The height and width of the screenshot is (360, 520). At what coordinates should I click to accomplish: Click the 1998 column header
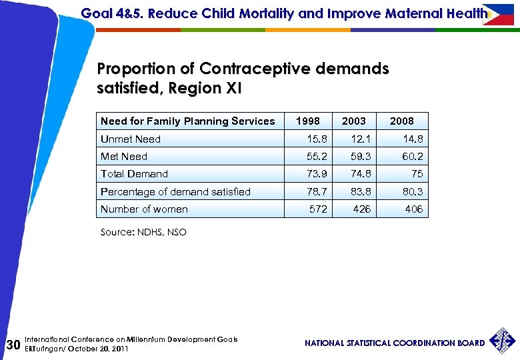tap(307, 121)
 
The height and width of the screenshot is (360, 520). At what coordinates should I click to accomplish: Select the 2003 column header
tap(353, 121)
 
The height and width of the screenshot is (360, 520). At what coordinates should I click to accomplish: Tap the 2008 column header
tap(401, 121)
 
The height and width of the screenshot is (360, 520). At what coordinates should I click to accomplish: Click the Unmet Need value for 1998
tap(317, 139)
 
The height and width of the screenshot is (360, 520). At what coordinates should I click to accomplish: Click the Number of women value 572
tap(319, 209)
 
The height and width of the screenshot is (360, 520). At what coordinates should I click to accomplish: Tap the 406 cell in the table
tap(413, 209)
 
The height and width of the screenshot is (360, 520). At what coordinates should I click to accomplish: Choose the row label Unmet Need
tap(131, 139)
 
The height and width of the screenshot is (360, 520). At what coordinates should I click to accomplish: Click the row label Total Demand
tap(134, 174)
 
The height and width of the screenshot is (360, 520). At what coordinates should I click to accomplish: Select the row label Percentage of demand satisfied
tap(175, 192)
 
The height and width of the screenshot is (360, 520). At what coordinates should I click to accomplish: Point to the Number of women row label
tap(144, 209)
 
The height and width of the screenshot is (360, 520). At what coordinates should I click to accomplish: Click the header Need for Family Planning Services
tap(187, 121)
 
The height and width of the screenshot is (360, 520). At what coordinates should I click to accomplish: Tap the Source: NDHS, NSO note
tap(143, 232)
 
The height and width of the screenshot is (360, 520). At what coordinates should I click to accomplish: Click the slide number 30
tap(12, 345)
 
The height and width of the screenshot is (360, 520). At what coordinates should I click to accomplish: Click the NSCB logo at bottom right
tap(503, 341)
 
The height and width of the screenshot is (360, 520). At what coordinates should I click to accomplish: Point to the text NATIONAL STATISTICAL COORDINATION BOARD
tap(395, 343)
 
